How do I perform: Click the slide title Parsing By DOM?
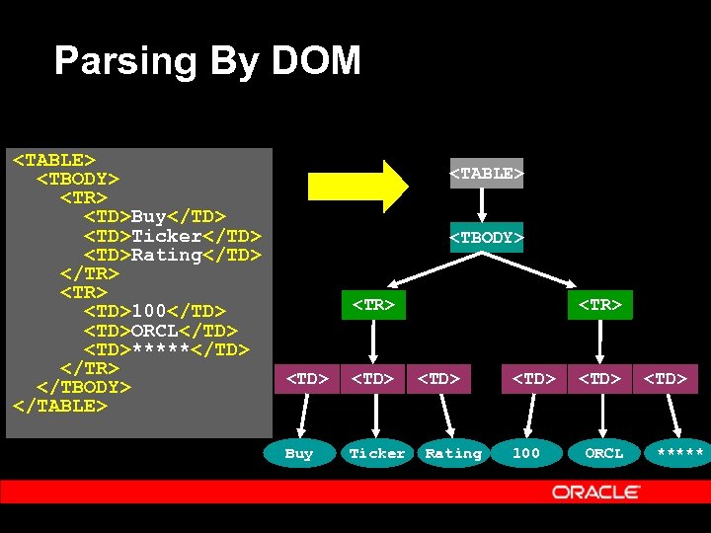click(207, 61)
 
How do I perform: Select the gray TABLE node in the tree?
click(486, 174)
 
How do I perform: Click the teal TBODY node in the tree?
click(486, 238)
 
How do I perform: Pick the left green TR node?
click(373, 305)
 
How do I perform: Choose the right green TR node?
click(600, 305)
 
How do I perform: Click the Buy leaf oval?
click(298, 453)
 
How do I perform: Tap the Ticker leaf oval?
click(376, 453)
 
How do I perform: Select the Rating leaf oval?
click(453, 453)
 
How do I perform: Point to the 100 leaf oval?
click(525, 453)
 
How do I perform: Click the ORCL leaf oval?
click(603, 453)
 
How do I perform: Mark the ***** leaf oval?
click(679, 453)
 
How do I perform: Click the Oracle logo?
click(596, 492)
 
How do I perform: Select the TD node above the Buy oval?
click(306, 377)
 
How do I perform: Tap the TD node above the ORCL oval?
click(599, 377)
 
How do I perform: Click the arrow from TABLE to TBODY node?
click(483, 205)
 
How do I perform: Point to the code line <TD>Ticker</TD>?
click(172, 236)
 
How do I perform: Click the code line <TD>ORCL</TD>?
click(160, 331)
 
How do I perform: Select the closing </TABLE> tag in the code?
click(58, 406)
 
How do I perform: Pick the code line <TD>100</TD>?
click(154, 312)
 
